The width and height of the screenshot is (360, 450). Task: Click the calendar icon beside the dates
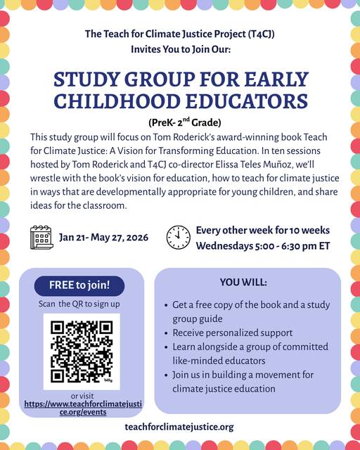click(x=41, y=237)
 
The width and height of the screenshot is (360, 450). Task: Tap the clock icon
click(x=178, y=237)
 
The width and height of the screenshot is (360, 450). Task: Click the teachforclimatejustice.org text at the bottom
click(x=179, y=427)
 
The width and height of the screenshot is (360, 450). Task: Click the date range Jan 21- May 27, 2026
click(x=103, y=237)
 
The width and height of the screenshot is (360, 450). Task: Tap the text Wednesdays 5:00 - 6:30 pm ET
click(x=263, y=246)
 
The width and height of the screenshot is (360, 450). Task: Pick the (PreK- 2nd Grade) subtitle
click(x=180, y=121)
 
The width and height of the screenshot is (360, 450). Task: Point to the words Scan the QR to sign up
click(x=79, y=304)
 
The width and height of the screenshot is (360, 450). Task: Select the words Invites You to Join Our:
click(x=179, y=49)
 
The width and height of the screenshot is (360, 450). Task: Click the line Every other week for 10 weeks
click(x=262, y=230)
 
